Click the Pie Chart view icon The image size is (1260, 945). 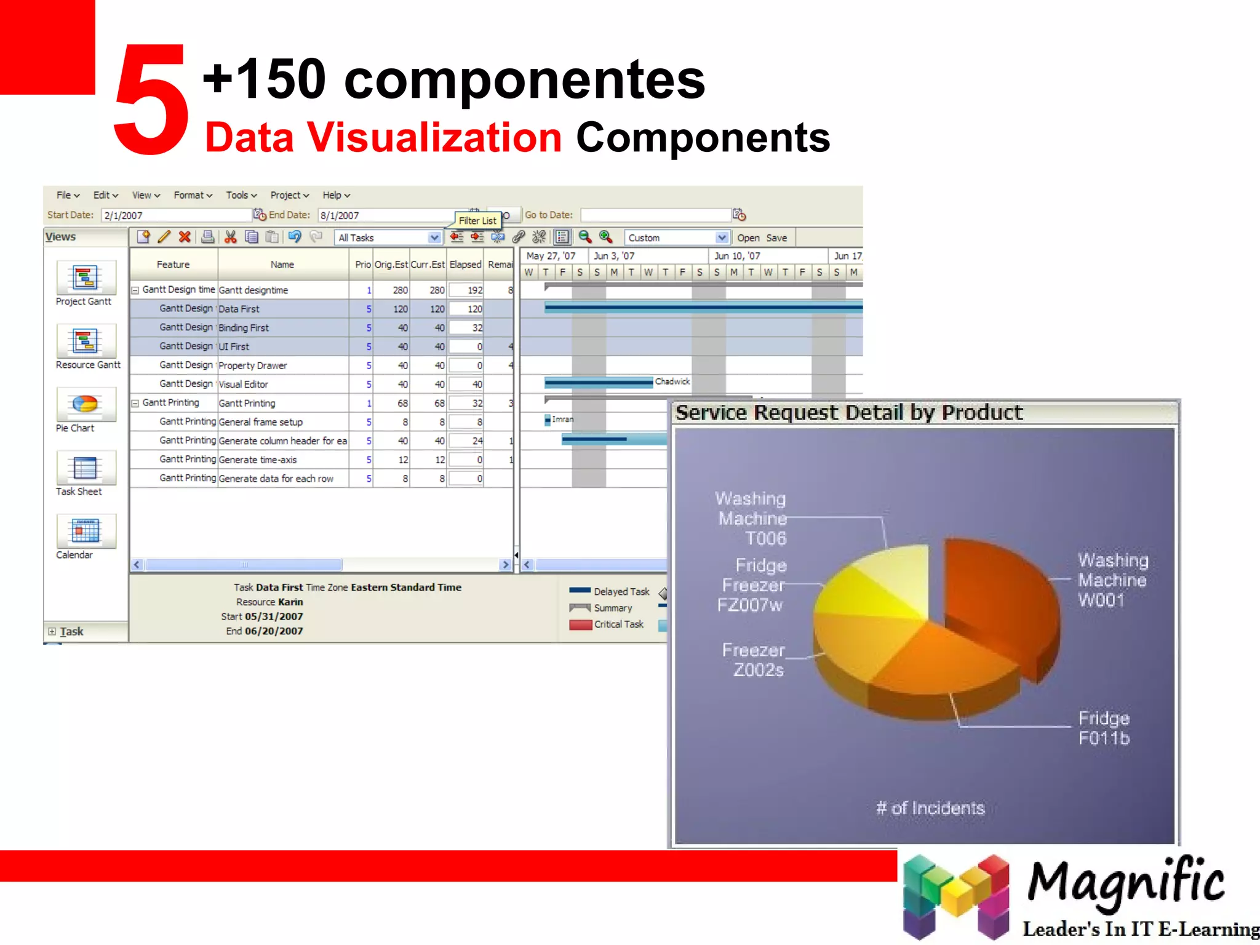point(86,405)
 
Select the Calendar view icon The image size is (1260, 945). point(86,531)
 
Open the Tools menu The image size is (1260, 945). point(241,195)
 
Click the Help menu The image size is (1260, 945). point(336,195)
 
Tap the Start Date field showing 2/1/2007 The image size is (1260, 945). point(175,215)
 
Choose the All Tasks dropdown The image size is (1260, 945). point(388,237)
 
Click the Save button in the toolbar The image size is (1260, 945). point(776,237)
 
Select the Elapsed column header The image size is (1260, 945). point(465,265)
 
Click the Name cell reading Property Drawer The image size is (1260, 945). point(253,365)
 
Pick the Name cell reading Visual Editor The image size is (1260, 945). point(244,385)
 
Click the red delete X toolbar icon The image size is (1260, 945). point(185,237)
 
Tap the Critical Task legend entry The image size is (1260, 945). point(618,624)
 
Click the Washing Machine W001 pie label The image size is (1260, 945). point(1112,580)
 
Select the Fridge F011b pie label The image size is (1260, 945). point(1104,728)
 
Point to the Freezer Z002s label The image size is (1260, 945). point(754,660)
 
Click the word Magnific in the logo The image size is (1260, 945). point(1126,881)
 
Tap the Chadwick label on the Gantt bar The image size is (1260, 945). point(672,381)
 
